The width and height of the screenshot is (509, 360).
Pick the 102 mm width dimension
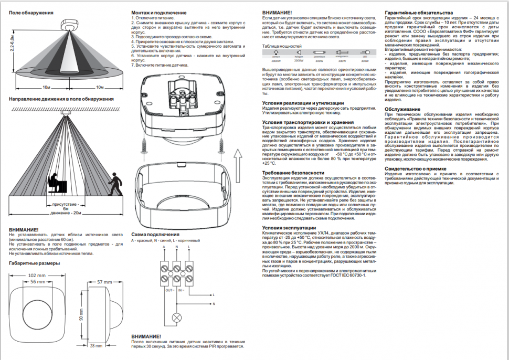[x=36, y=275]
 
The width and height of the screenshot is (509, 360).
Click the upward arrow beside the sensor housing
[x=237, y=157]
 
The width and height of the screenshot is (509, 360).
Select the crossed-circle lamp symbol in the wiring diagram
[x=177, y=317]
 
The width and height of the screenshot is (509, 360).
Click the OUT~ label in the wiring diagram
[x=169, y=290]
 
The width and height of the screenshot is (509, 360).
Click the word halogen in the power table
[x=300, y=57]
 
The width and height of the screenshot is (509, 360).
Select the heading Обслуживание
[x=402, y=109]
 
